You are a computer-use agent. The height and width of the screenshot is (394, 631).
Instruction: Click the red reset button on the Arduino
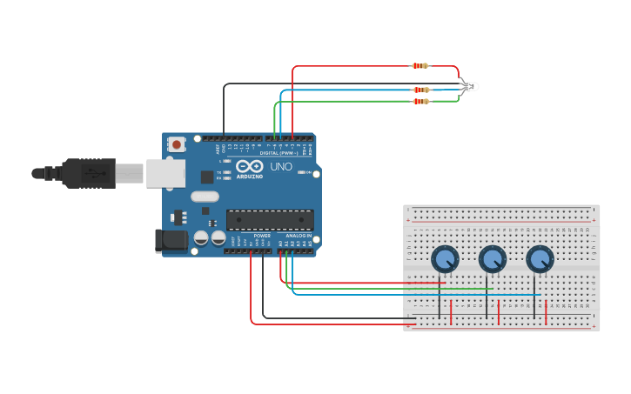coord(177,144)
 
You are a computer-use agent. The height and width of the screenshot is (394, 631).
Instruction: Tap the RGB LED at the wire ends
coord(470,86)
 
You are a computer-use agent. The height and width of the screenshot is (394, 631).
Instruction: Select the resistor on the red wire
coord(420,66)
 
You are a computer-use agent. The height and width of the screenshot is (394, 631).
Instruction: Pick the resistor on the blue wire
coord(421,90)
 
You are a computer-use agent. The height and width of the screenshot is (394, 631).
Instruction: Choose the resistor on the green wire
coord(421,102)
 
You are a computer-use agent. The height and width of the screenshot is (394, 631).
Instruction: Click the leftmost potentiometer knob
coord(445,258)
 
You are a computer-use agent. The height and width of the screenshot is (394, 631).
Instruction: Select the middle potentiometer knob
coord(492,258)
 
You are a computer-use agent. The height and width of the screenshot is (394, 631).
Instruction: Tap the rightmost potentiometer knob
coord(539,258)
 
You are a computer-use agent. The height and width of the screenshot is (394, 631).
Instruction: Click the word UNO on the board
coord(281,166)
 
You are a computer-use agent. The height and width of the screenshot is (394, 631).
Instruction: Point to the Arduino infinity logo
coord(249,167)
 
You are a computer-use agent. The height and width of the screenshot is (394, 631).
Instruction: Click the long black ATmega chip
coord(270,220)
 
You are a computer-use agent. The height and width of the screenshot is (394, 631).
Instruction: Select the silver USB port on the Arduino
coord(164,173)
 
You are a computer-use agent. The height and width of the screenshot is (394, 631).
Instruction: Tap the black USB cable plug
coord(88,173)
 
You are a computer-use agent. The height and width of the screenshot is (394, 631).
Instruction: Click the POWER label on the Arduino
coord(261,236)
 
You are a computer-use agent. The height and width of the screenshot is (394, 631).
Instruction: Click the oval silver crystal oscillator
coord(205,197)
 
